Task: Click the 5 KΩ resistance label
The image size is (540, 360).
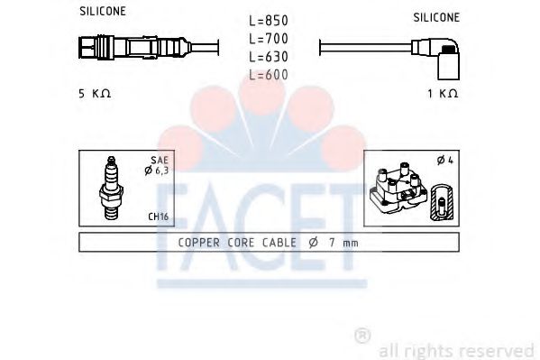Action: point(95,94)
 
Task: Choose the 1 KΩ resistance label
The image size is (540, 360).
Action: point(443,94)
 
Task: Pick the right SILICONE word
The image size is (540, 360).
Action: point(436,17)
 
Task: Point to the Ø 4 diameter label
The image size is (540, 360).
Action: point(444,161)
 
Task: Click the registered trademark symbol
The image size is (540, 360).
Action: point(362,336)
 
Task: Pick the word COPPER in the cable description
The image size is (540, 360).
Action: point(199,242)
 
